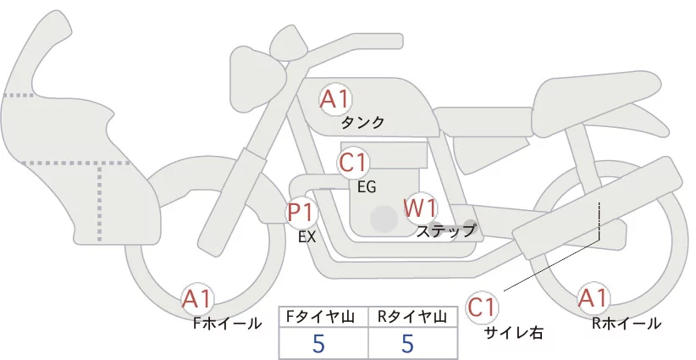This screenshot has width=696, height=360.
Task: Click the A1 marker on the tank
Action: point(335,100)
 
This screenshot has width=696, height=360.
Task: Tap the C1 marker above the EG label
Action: point(353,163)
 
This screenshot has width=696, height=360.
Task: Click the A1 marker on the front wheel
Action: point(197,299)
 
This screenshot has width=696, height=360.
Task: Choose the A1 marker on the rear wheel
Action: point(593,298)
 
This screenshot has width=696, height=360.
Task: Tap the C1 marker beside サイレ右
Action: point(482,307)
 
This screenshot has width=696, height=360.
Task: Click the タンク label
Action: point(362,122)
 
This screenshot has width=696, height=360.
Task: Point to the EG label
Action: point(367,187)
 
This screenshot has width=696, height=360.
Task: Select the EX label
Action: point(307,237)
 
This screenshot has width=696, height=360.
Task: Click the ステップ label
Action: point(445,231)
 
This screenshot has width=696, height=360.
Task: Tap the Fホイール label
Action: point(227,324)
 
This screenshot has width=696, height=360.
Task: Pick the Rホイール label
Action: point(627,324)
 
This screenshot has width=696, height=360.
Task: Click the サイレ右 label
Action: point(514,333)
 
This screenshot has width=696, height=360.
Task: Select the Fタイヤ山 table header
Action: point(320,317)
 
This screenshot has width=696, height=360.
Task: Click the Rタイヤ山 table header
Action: point(412,317)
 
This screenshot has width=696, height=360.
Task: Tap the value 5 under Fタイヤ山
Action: point(318,343)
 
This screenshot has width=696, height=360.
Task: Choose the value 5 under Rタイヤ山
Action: point(407,343)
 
